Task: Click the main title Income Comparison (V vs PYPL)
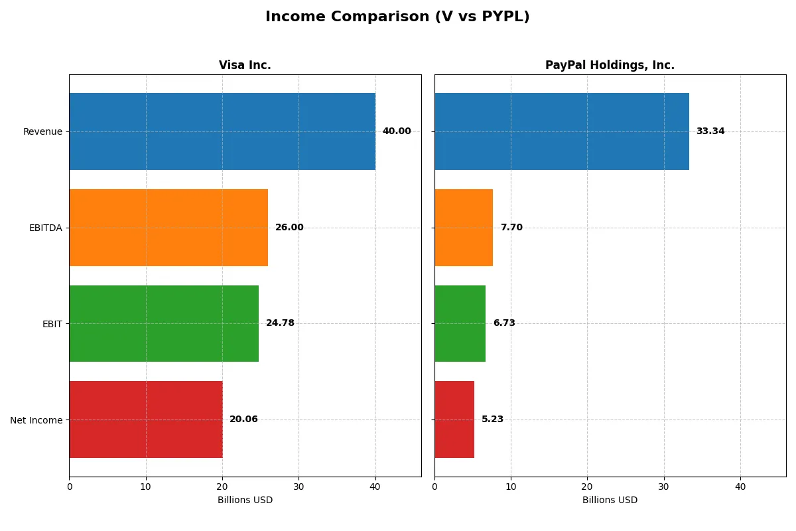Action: pos(397,17)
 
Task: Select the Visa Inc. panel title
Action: pos(245,65)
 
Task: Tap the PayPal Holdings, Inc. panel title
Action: pos(610,65)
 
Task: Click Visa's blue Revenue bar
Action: pos(222,131)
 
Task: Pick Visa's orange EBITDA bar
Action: pos(168,228)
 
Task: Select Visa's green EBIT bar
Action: pos(164,323)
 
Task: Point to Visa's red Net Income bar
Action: pos(146,419)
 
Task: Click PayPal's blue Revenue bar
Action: pos(562,131)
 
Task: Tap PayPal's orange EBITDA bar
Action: pos(464,228)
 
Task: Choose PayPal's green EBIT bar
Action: pos(460,323)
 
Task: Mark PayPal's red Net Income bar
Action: pos(454,419)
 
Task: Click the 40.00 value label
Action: pos(397,131)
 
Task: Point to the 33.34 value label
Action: pos(710,131)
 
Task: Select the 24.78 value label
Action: pos(280,323)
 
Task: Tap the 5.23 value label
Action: pos(492,419)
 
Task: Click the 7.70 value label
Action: pos(511,228)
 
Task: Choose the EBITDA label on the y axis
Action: pos(45,228)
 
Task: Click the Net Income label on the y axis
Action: pos(36,420)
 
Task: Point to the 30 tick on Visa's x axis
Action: pos(298,487)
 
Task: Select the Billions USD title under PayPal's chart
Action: pos(610,500)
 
